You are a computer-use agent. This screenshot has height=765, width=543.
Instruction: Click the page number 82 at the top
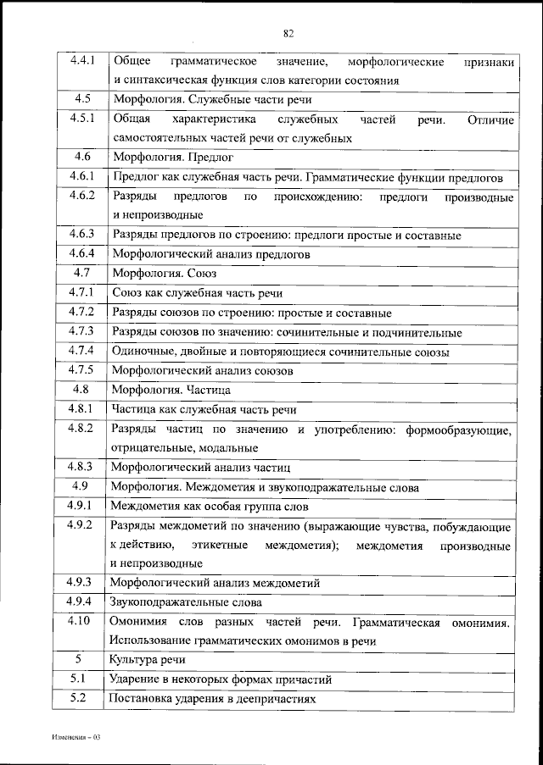pos(288,33)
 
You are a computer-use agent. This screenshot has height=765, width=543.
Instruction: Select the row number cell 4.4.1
pos(83,62)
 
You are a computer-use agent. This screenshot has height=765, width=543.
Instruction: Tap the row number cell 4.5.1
pos(83,119)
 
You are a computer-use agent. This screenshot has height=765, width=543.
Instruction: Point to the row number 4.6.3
pos(83,234)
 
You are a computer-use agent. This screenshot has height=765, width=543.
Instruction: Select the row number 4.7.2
pos(83,312)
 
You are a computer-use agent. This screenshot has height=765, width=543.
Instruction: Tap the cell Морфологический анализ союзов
pos(203,370)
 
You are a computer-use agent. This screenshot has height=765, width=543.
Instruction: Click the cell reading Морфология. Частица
pos(171,391)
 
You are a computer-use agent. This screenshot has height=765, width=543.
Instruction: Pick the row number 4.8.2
pos(83,429)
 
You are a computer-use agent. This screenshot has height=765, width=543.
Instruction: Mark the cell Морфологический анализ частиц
pos(201,467)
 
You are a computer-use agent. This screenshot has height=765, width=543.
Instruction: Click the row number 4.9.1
pos(83,506)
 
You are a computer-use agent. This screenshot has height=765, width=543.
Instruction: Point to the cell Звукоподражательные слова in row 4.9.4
pos(186,602)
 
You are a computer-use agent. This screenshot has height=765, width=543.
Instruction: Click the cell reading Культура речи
pos(147,660)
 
